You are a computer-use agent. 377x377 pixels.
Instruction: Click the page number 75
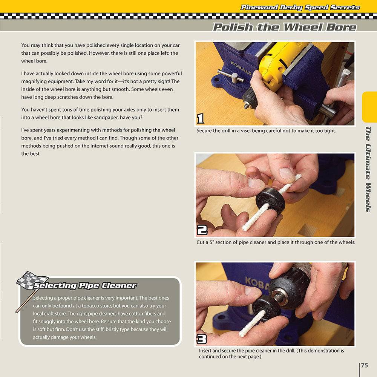[365, 365]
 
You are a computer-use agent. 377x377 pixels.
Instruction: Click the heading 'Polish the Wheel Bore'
[285, 27]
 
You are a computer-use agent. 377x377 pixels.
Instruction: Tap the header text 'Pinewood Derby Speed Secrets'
[300, 8]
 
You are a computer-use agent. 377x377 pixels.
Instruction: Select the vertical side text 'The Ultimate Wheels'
[368, 169]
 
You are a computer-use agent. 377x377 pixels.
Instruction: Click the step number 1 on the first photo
[201, 119]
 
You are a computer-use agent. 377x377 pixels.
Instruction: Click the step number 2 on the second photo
[202, 230]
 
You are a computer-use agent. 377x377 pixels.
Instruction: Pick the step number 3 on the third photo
[202, 339]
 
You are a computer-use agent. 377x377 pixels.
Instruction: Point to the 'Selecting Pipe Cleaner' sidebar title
[85, 285]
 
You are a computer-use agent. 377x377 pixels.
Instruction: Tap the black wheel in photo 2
[270, 200]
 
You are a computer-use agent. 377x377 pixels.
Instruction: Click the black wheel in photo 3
[266, 307]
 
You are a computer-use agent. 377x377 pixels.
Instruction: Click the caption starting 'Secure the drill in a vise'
[266, 131]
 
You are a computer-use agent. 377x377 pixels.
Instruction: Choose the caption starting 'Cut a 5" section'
[276, 242]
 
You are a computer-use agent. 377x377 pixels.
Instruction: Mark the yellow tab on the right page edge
[369, 107]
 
